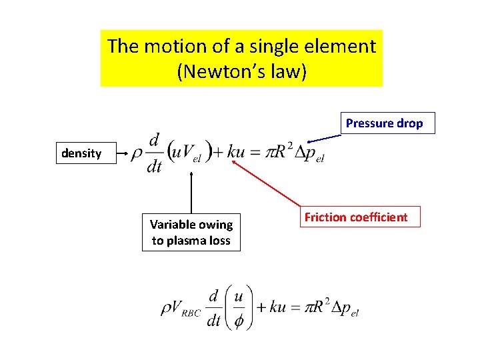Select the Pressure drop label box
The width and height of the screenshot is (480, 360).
coord(384,123)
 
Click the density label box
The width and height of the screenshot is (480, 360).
coord(81,153)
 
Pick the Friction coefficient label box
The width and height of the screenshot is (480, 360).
coord(356,217)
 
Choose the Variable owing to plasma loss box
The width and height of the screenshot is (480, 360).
coord(191,233)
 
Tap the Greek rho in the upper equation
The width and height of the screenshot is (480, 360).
coord(136,153)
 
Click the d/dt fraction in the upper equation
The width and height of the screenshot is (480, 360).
coord(154,153)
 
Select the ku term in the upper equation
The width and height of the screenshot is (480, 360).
coord(236,152)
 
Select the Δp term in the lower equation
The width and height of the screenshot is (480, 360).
coord(344,309)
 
